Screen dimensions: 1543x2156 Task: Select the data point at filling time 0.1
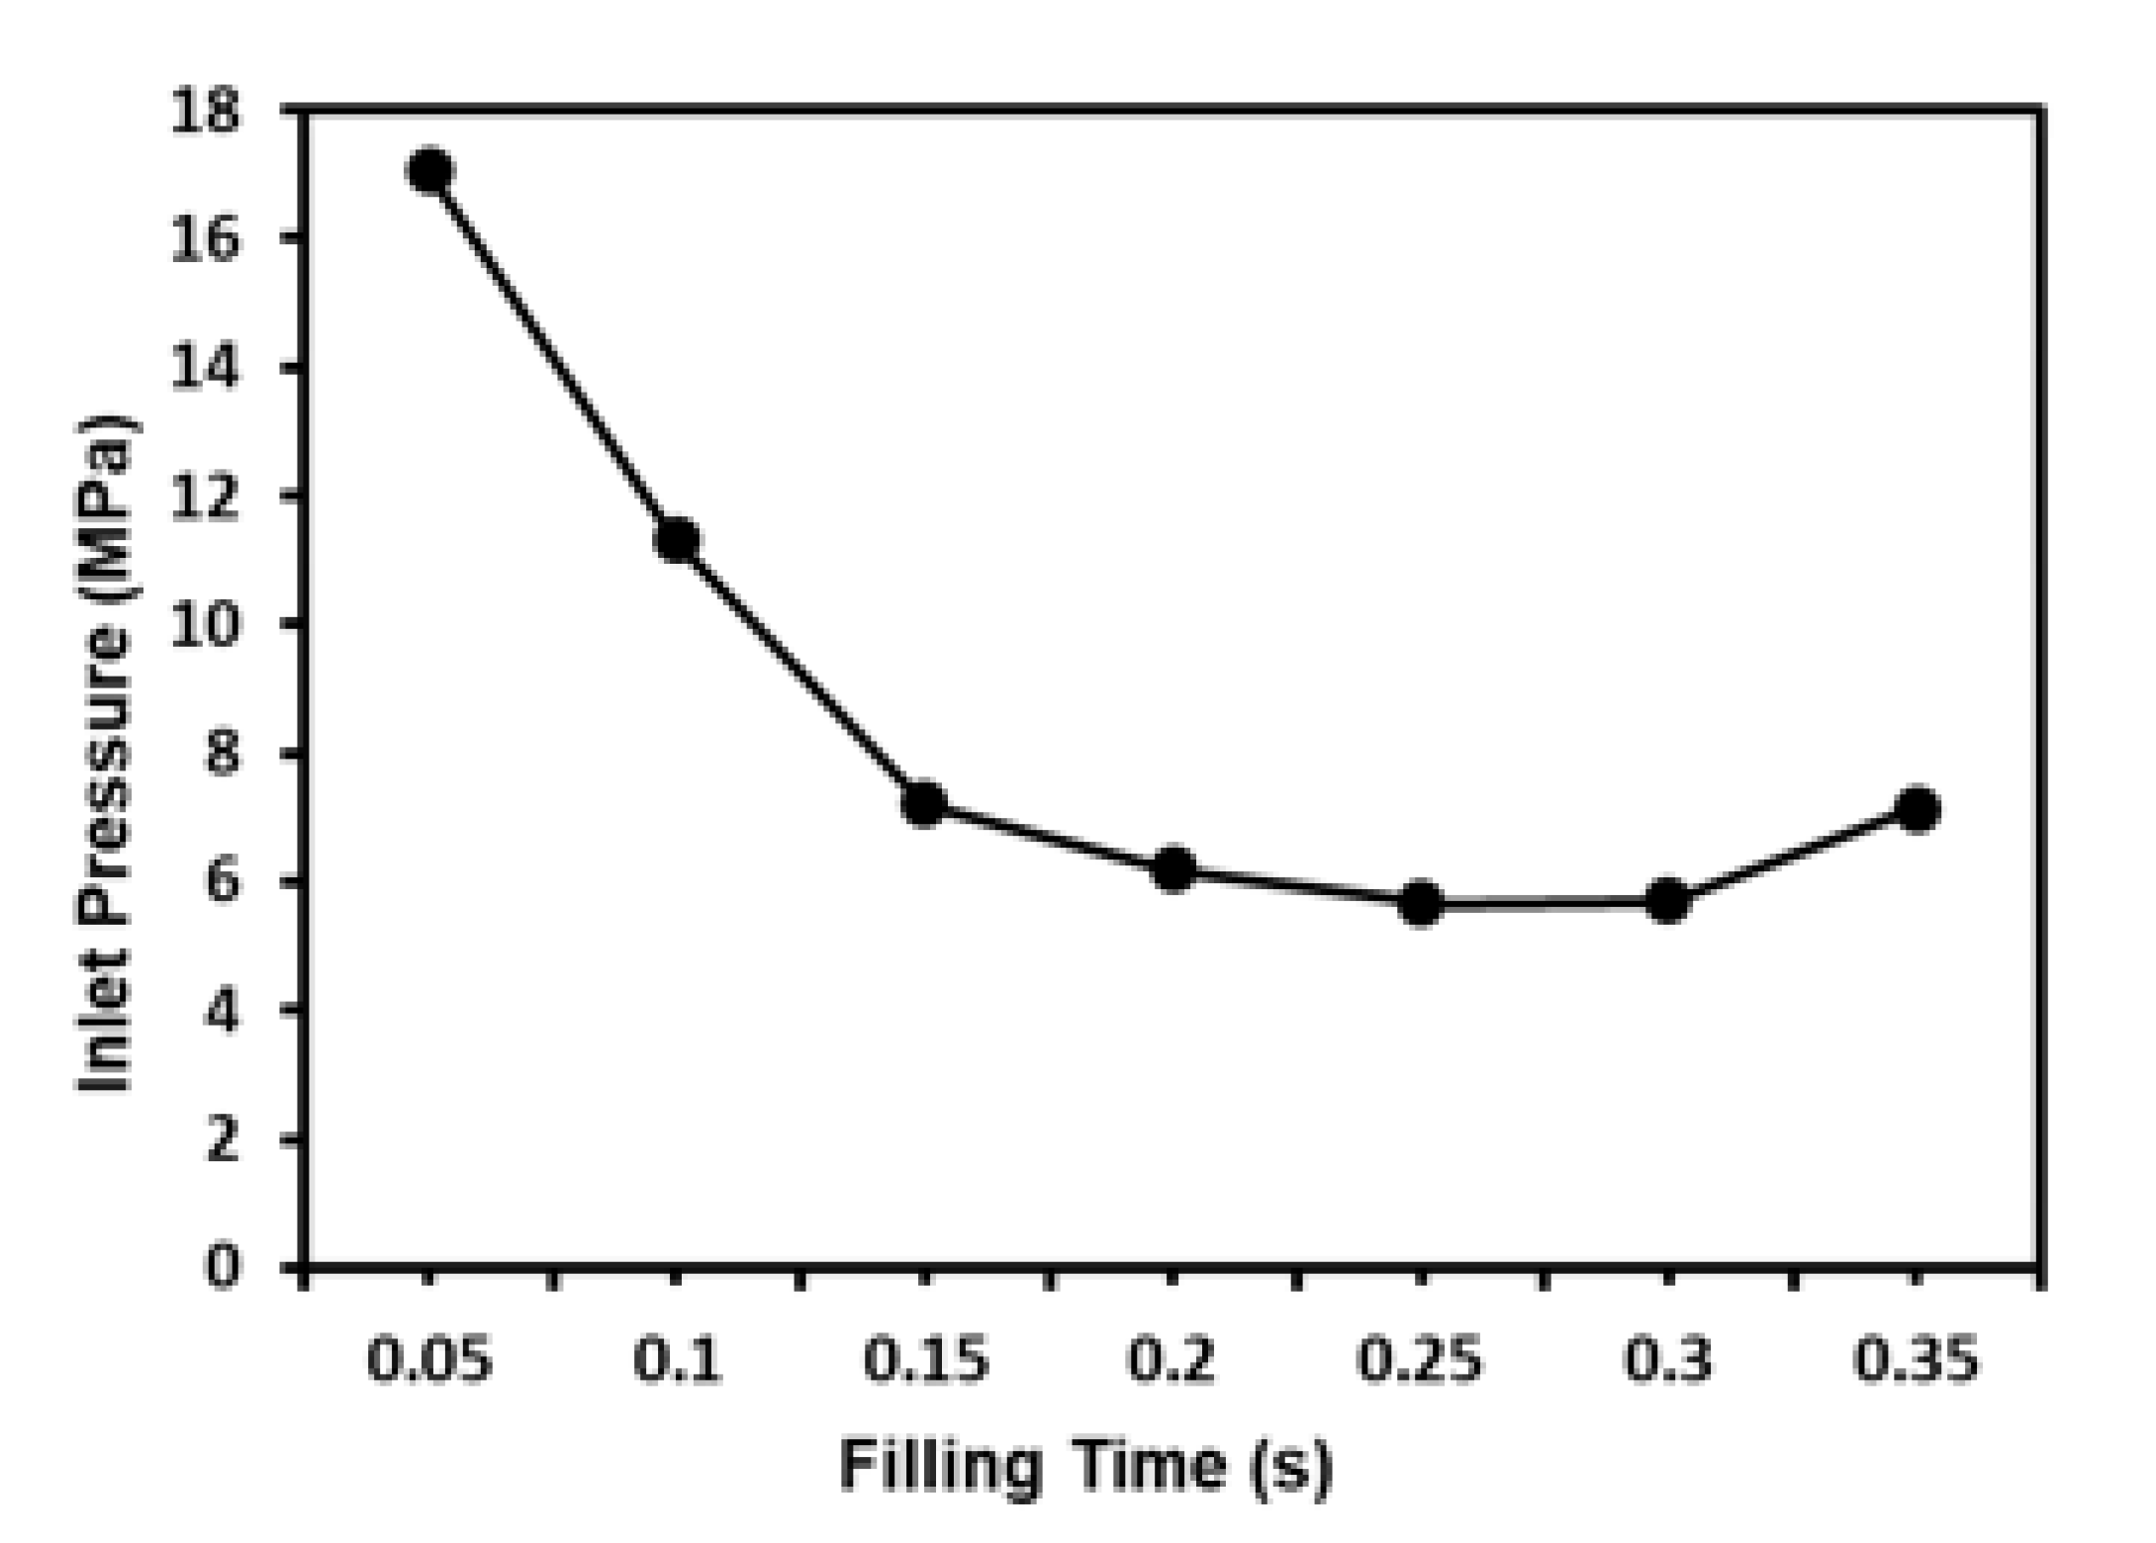click(678, 539)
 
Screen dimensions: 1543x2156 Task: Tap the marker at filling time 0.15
click(925, 803)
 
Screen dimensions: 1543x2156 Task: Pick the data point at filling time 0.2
click(1173, 869)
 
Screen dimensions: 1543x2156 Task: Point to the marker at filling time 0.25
click(1421, 903)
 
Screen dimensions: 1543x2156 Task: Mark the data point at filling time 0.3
click(1668, 901)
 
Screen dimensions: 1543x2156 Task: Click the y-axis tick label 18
click(206, 111)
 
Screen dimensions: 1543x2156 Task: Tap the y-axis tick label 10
click(206, 625)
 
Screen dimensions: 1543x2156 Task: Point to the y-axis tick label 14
click(206, 368)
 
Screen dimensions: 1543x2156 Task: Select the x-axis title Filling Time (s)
click(1086, 1466)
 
